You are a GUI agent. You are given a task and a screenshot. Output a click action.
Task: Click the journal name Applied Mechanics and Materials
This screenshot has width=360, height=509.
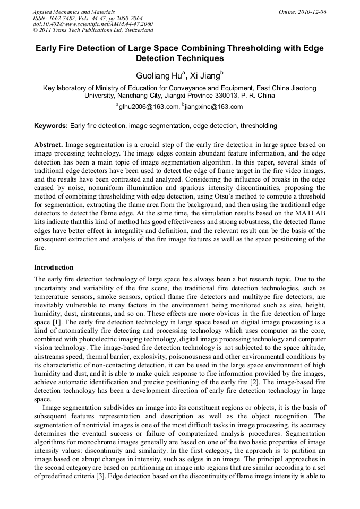click(x=74, y=11)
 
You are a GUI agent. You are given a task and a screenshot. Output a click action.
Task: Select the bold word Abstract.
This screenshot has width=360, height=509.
click(x=48, y=145)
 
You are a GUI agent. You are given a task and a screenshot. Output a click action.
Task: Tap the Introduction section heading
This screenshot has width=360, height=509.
click(x=54, y=267)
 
